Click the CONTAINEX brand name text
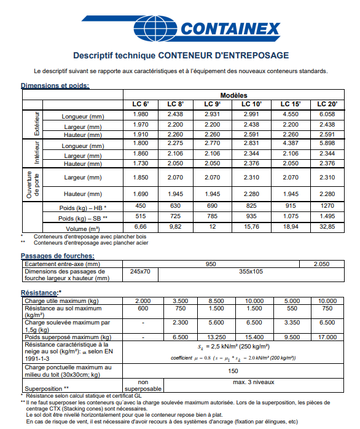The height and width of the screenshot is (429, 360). point(231,30)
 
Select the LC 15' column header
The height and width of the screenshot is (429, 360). point(291,104)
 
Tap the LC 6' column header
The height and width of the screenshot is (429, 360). point(140,104)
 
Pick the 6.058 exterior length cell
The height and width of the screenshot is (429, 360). point(327,115)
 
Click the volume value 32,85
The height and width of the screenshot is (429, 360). point(327,227)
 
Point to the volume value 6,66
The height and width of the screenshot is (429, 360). point(140,227)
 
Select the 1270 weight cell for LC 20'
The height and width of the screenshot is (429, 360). point(327,206)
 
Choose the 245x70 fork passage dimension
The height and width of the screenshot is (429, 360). point(140,271)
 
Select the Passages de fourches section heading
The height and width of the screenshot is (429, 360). point(57,255)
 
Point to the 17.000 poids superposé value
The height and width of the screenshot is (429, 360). point(327,337)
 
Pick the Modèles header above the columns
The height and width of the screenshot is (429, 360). point(233,95)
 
